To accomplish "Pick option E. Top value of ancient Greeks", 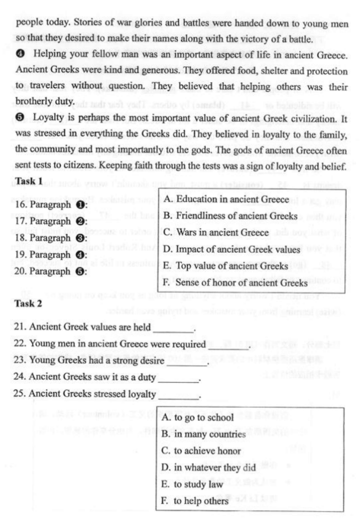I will (225, 266).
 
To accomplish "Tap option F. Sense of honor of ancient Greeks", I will (235, 282).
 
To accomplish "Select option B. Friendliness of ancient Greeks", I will (230, 216).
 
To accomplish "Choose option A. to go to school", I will (197, 417).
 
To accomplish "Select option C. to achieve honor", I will (201, 451).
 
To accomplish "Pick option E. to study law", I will (192, 484).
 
